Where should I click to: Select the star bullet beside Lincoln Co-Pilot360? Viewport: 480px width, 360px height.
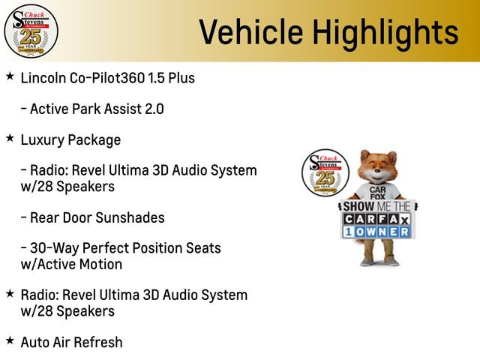tap(9, 76)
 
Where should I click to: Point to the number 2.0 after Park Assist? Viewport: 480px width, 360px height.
tap(153, 109)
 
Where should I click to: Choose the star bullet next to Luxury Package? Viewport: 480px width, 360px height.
tap(9, 138)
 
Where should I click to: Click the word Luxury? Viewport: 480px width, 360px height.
tap(42, 139)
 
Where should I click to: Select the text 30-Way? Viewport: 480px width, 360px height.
tap(52, 248)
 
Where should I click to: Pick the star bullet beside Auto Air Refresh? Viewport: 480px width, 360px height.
tap(9, 340)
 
